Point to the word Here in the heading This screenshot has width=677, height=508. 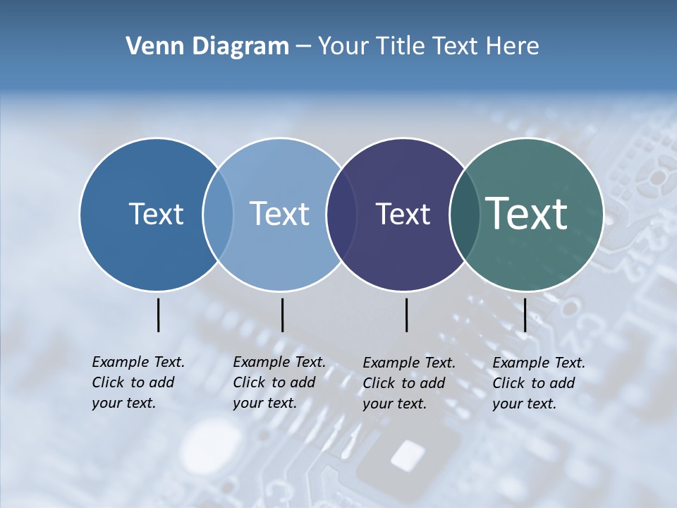[x=514, y=47]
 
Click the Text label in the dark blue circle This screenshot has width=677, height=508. [x=156, y=214]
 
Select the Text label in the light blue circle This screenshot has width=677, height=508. [x=279, y=214]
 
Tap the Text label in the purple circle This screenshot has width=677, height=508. [x=403, y=214]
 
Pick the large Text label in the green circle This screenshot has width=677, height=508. [x=527, y=214]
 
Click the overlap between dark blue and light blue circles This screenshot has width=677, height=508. [x=218, y=214]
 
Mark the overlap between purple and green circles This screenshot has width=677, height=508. [x=465, y=214]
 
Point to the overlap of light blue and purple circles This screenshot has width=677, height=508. [x=341, y=214]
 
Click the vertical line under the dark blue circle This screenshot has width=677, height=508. [x=158, y=315]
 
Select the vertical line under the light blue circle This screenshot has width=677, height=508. [x=282, y=315]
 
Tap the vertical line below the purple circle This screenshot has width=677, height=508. [x=406, y=315]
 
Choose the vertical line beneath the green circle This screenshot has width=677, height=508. [x=525, y=315]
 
